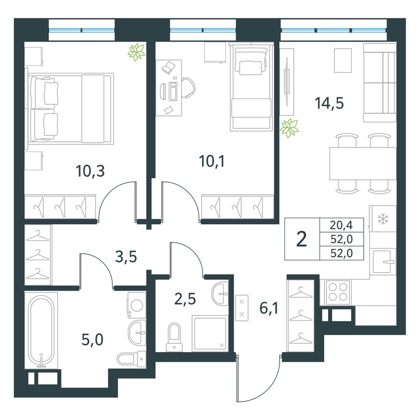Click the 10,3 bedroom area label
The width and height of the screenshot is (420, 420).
click(x=90, y=171)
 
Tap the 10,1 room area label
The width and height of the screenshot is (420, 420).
click(x=212, y=161)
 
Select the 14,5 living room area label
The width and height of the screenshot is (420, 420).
click(x=329, y=103)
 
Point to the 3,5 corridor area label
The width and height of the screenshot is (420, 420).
click(x=126, y=257)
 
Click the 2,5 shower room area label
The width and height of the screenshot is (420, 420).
click(x=185, y=299)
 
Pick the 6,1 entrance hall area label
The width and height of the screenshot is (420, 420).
click(x=269, y=308)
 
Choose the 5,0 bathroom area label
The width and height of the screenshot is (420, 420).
click(x=92, y=340)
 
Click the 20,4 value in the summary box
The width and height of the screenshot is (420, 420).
click(x=341, y=225)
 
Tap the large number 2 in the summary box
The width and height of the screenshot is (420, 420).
click(x=302, y=239)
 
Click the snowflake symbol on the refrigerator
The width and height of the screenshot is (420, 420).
click(x=383, y=219)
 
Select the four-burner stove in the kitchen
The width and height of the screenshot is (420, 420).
click(x=338, y=292)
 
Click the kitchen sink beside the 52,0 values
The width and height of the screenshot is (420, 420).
click(x=383, y=261)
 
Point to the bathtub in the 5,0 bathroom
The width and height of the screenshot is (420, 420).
click(x=41, y=331)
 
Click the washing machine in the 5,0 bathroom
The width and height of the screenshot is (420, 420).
click(x=136, y=305)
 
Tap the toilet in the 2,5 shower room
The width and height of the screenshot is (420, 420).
click(x=174, y=337)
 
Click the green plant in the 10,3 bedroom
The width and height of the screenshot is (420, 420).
click(x=136, y=52)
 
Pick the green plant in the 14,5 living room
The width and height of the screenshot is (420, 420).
click(x=289, y=128)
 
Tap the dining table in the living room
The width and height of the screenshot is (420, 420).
click(x=363, y=163)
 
